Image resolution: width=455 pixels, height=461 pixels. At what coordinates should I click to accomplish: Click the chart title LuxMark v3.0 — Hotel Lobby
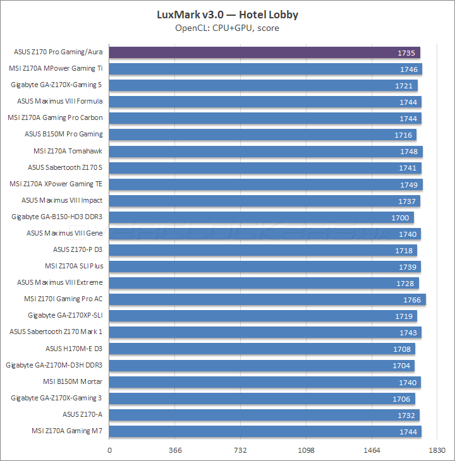click(x=227, y=14)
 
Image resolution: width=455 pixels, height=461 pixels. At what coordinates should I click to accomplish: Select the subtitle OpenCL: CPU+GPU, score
click(x=227, y=28)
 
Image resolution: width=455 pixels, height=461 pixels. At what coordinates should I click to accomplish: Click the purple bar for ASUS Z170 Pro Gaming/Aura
click(x=265, y=52)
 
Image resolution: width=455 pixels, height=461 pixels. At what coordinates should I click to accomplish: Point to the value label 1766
click(x=413, y=299)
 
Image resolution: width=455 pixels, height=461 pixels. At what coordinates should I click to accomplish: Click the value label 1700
click(x=401, y=217)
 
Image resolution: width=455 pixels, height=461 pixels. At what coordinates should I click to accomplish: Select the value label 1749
click(x=409, y=184)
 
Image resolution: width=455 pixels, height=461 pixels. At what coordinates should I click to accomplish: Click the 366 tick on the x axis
click(x=176, y=450)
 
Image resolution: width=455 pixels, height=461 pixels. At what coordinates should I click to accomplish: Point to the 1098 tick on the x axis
click(x=306, y=450)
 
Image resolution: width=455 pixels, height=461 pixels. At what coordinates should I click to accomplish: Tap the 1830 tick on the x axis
click(x=437, y=450)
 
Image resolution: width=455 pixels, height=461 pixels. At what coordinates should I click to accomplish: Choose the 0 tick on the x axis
click(x=110, y=450)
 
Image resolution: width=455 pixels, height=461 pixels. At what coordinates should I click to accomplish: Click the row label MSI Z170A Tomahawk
click(x=68, y=151)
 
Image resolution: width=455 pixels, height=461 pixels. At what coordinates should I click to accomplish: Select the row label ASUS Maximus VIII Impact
click(x=62, y=200)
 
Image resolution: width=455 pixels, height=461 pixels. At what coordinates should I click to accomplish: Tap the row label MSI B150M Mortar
click(x=73, y=381)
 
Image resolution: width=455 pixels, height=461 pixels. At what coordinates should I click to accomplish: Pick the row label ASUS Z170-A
click(x=82, y=414)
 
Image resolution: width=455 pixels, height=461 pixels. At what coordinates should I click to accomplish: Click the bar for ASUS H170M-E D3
click(x=262, y=349)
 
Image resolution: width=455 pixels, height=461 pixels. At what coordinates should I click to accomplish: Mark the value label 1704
click(x=402, y=365)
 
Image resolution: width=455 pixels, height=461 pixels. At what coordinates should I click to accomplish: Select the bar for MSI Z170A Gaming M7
click(x=265, y=431)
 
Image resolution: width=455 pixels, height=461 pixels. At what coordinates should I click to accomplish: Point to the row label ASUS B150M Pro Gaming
click(x=63, y=134)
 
